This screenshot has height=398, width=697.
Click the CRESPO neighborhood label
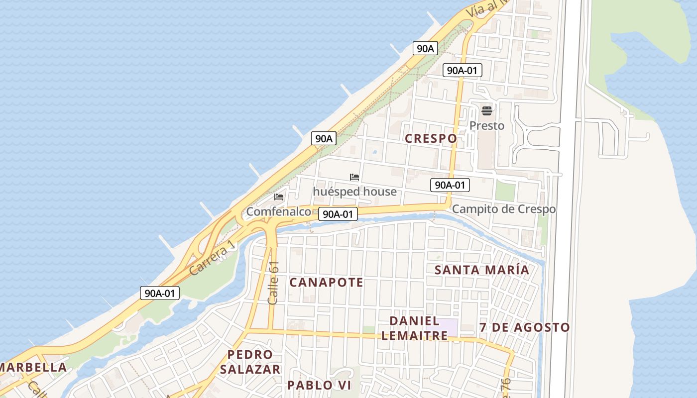point(431,138)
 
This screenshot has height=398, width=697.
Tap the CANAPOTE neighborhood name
point(326,283)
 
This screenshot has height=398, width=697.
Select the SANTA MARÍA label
point(481,270)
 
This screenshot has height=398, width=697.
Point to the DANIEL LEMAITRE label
point(414,328)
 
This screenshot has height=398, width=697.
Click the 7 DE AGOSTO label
point(524,327)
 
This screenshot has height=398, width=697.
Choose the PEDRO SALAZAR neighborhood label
point(250,362)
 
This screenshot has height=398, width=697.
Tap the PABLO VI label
point(319,385)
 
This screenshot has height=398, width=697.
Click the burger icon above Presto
point(486,110)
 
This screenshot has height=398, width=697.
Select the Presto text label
point(486,126)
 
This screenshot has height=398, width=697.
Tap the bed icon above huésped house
point(354,177)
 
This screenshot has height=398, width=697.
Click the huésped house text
point(354,192)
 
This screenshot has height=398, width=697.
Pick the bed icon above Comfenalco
point(279,197)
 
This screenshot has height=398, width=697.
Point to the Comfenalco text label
point(278,212)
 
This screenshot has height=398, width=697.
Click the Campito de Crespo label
point(503,209)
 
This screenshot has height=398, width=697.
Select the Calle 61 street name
point(273,283)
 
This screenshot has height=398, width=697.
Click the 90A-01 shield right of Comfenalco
point(338,214)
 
